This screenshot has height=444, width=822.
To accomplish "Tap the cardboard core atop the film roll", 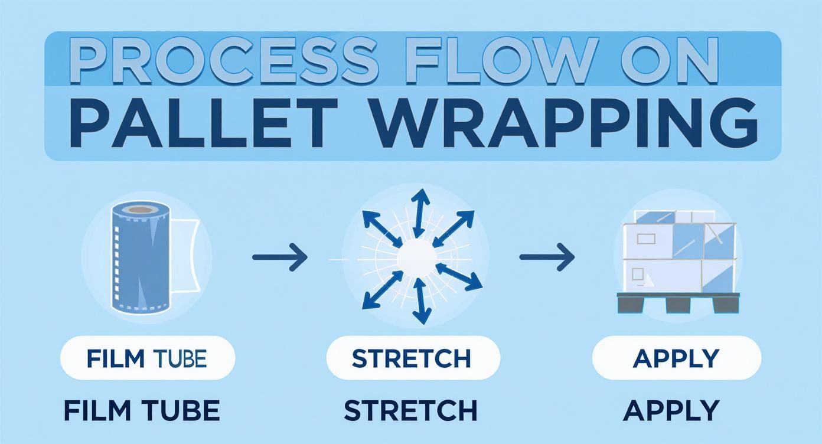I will pyautogui.click(x=139, y=210).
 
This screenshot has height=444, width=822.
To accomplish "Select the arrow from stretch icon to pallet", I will pyautogui.click(x=546, y=257).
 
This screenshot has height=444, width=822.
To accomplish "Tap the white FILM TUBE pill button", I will pyautogui.click(x=147, y=358).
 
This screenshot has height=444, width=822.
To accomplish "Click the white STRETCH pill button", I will pyautogui.click(x=412, y=358).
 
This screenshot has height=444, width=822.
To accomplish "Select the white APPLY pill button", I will pyautogui.click(x=676, y=358).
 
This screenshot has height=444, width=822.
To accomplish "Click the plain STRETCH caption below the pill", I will pyautogui.click(x=411, y=410).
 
